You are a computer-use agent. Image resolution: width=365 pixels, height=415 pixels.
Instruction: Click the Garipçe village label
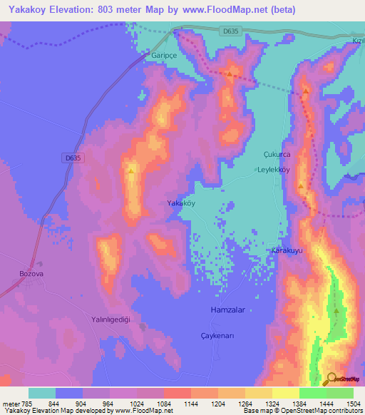click(163, 54)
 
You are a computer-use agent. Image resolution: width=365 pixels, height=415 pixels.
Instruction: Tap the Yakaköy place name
click(180, 203)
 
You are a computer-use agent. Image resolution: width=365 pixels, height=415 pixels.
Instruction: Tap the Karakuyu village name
click(289, 251)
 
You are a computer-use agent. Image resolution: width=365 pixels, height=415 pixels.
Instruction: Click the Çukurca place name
click(278, 154)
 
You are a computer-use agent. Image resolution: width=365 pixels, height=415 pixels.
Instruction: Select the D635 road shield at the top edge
click(230, 30)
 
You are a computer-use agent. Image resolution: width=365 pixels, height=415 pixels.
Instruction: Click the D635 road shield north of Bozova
click(73, 158)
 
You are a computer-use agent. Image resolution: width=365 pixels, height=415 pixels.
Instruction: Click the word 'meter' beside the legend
click(10, 403)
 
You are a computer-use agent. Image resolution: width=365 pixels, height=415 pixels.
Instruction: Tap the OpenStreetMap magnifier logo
click(330, 379)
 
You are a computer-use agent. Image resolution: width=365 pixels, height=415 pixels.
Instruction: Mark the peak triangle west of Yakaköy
click(132, 170)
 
